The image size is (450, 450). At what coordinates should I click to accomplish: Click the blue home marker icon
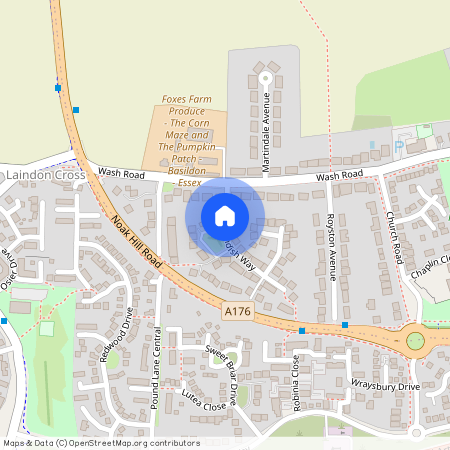click(x=225, y=216)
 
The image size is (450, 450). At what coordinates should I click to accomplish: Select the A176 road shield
click(x=236, y=313)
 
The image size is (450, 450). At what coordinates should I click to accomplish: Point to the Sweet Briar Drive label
click(x=223, y=373)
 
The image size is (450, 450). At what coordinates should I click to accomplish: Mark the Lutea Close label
click(x=201, y=402)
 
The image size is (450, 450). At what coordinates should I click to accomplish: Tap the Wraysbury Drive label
click(x=385, y=384)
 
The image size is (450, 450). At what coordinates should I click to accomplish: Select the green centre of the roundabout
click(x=416, y=341)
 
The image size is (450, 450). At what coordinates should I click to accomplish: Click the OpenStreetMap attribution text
click(x=100, y=443)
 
